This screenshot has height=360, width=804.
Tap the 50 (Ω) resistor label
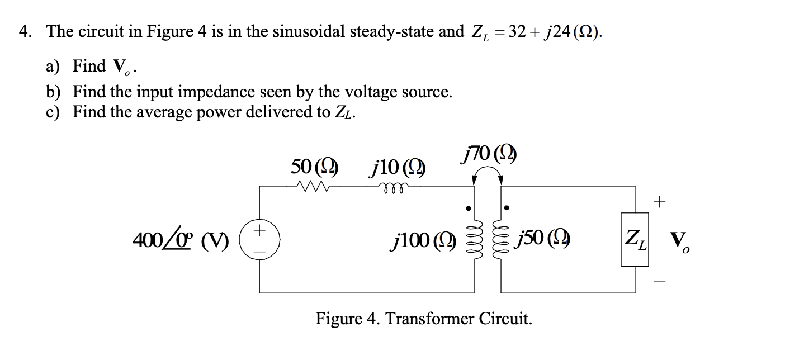pos(314,166)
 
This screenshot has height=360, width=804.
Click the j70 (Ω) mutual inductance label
pos(488,153)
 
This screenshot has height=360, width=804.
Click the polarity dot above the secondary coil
pos(507,208)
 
